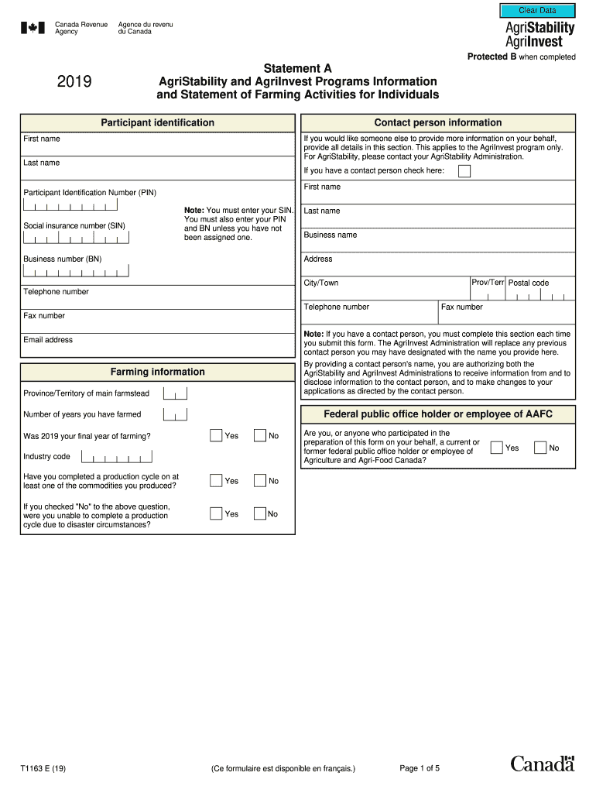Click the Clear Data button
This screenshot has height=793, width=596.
click(537, 10)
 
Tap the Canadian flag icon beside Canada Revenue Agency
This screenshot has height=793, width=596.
click(33, 28)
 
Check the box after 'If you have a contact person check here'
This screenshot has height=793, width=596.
click(464, 171)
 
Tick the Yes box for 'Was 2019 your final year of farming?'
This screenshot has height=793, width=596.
click(216, 436)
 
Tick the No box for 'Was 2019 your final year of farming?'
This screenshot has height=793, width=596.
click(260, 436)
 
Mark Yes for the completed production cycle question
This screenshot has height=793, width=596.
click(216, 481)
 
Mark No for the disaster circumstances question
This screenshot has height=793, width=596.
click(260, 513)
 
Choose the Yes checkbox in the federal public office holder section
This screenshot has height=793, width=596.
click(497, 448)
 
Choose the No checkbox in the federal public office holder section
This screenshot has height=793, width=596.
click(540, 448)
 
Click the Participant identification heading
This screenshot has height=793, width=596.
click(157, 123)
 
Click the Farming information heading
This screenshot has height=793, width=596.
click(157, 372)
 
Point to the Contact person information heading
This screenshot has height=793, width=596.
click(438, 123)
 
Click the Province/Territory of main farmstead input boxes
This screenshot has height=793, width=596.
click(176, 394)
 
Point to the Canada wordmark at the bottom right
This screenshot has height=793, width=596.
click(542, 764)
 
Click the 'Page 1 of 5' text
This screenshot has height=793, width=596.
click(420, 768)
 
